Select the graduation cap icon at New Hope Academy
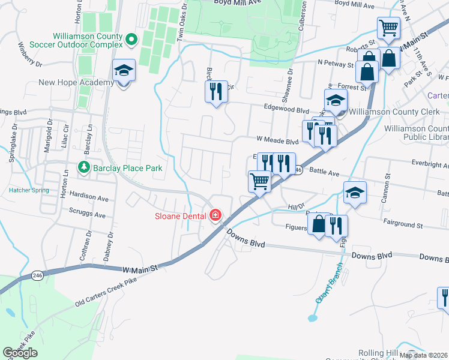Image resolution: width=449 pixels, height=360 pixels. click(124, 71)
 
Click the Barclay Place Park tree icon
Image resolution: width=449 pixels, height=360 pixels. click(85, 168)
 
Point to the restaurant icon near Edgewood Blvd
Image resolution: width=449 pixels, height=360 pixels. click(216, 92)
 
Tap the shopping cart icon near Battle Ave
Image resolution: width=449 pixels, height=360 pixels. click(260, 181)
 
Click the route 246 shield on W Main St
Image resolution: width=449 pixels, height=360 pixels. click(37, 275)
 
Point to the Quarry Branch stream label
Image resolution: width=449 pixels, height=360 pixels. click(328, 281)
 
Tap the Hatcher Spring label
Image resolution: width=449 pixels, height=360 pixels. click(29, 190)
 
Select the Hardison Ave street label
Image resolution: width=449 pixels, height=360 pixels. click(89, 196)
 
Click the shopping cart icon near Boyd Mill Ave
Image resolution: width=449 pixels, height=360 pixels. click(388, 28)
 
